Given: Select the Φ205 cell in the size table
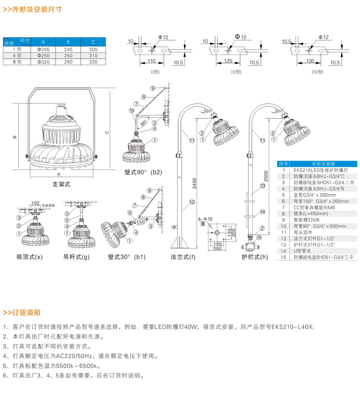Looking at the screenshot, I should coord(43,49).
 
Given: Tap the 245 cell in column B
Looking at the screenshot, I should coord(68,49).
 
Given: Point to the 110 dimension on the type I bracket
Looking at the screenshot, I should coord(151,61).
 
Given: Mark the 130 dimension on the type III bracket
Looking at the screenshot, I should coord(310,61).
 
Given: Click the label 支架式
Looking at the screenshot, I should coord(62,184).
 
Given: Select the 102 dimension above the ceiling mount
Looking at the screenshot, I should coord(35,202).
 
